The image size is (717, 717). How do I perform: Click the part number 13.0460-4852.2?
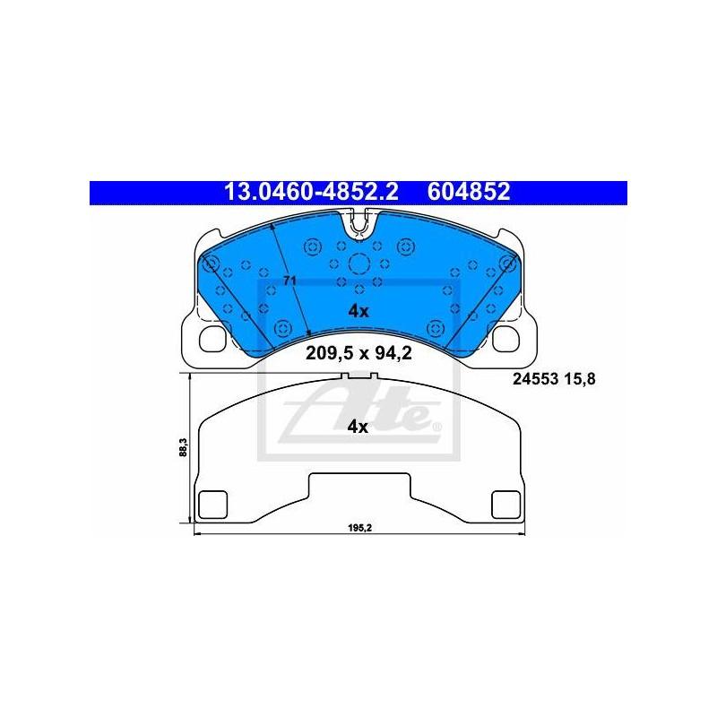[x=311, y=192]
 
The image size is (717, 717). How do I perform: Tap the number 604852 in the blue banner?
[x=469, y=192]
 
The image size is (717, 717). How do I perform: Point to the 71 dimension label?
[x=289, y=281]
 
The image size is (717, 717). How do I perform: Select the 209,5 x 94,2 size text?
[x=359, y=353]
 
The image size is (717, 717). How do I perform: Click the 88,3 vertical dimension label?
[x=183, y=447]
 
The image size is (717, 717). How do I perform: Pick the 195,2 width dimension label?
[x=360, y=528]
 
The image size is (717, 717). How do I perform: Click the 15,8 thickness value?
[x=580, y=379]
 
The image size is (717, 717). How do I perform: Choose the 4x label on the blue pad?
[x=358, y=311]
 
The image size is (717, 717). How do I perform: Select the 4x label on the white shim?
[x=358, y=428]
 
